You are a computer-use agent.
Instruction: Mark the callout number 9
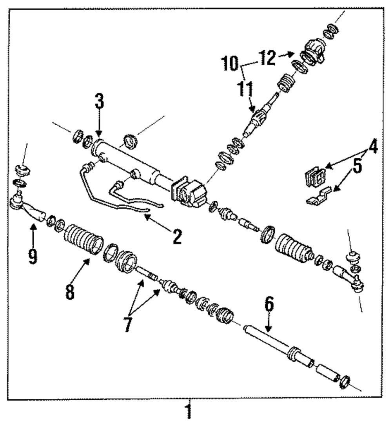click(x=33, y=255)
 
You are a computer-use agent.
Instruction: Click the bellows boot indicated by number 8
click(x=83, y=239)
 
